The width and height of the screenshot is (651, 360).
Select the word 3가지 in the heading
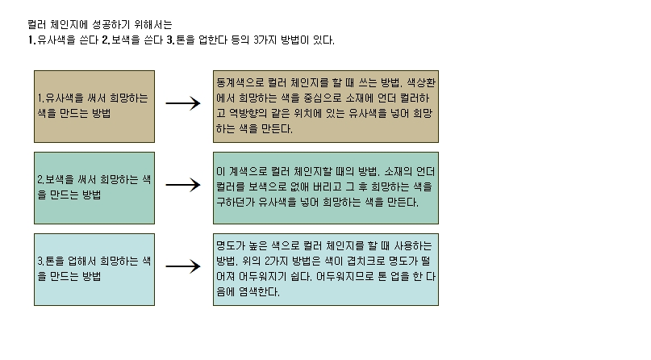pyautogui.click(x=265, y=40)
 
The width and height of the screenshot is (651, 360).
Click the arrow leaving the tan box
pyautogui.click(x=183, y=103)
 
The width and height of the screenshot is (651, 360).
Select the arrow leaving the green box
pyautogui.click(x=183, y=185)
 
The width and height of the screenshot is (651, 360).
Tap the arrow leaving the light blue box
pyautogui.click(x=183, y=266)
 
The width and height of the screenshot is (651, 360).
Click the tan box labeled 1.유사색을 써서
pyautogui.click(x=94, y=107)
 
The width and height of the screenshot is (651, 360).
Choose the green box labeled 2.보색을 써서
pyautogui.click(x=94, y=188)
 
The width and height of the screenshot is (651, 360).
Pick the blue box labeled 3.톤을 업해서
pyautogui.click(x=94, y=270)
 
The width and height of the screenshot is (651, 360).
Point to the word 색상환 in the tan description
pyautogui.click(x=421, y=82)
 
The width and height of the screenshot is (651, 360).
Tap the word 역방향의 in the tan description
pyautogui.click(x=248, y=113)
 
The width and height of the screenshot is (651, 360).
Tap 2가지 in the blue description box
pyautogui.click(x=277, y=262)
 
